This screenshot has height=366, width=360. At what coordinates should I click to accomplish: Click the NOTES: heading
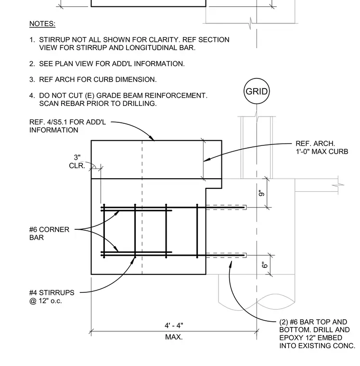pos(42,24)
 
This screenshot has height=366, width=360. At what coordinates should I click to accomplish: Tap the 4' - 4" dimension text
pos(174,326)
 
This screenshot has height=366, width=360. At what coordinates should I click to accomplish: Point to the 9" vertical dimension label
pos(261,193)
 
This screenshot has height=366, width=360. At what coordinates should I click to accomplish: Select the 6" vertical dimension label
pos(264,265)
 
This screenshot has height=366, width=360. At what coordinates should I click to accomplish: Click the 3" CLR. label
pos(77,161)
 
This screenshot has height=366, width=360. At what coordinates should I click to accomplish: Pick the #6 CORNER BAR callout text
pos(49,234)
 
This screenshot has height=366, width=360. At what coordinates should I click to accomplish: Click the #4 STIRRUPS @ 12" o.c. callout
pos(52,297)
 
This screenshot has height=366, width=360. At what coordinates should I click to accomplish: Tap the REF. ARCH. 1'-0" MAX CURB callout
pos(322,147)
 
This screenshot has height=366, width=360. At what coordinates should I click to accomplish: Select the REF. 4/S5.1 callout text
pos(67,126)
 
